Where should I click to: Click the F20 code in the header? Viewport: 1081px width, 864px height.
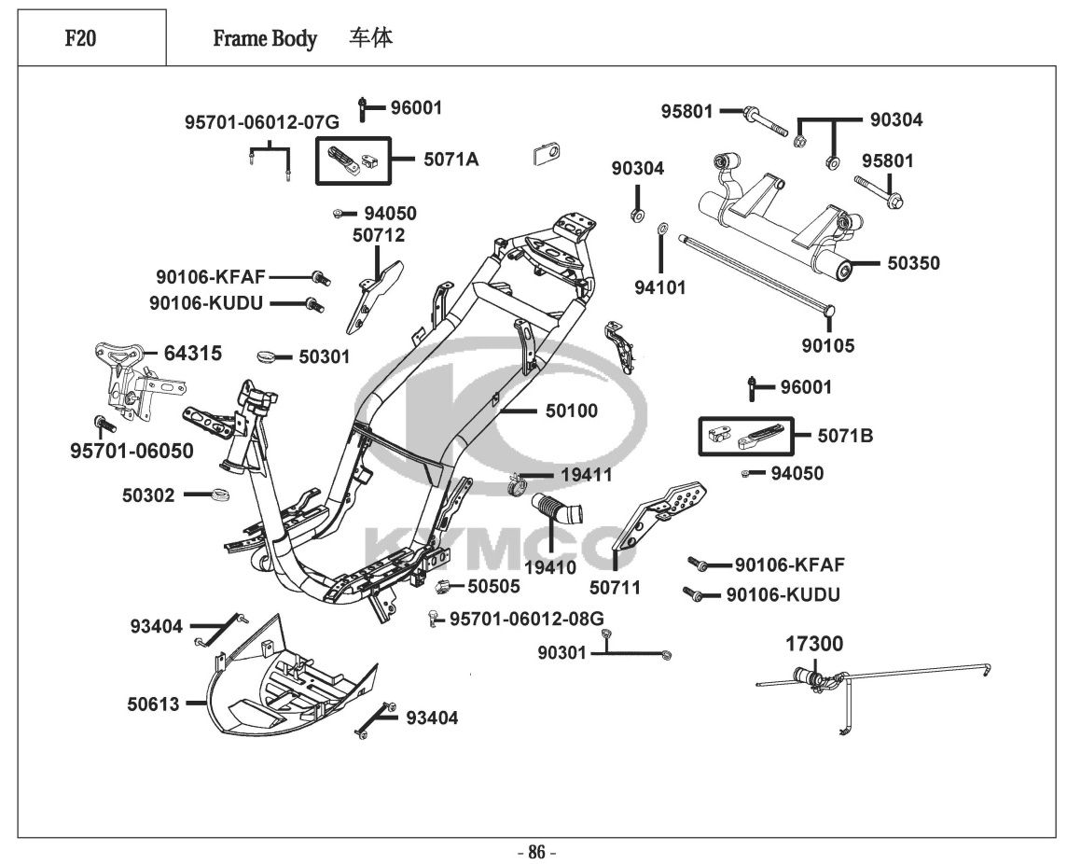[79, 39]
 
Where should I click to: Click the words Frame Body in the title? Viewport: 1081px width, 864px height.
[265, 39]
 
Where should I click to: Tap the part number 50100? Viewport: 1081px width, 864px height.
[572, 411]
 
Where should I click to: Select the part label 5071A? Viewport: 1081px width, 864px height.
[450, 160]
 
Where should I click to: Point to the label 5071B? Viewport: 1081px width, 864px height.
[845, 436]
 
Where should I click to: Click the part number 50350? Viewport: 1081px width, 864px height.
[913, 264]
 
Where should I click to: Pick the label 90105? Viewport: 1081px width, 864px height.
[828, 346]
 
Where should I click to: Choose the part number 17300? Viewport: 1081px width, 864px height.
[813, 644]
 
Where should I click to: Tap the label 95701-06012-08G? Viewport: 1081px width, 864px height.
[527, 619]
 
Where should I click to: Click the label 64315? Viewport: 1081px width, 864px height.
[193, 354]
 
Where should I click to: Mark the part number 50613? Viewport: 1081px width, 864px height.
[154, 704]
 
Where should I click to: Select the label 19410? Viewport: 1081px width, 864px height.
[549, 567]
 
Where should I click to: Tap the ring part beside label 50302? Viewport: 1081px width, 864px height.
[222, 494]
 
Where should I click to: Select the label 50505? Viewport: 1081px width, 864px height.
[493, 587]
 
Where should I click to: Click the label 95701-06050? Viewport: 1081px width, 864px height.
[132, 452]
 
